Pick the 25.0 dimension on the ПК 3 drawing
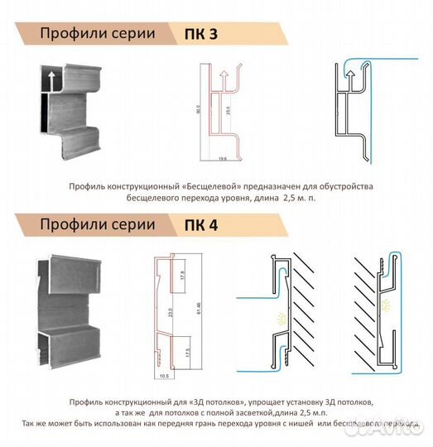tap(227, 108)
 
